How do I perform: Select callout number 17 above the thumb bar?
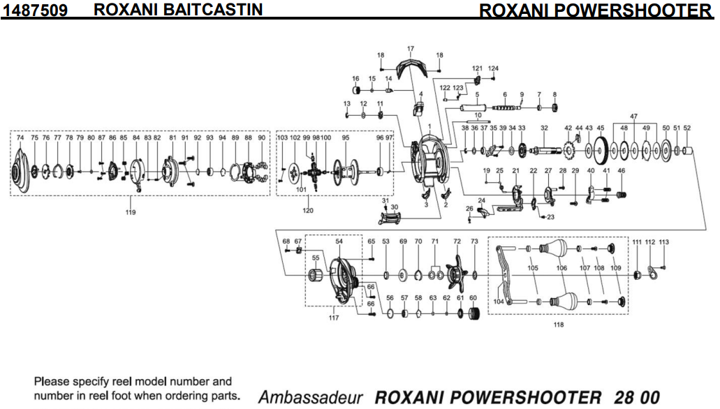tap(411, 48)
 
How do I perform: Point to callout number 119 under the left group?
tap(130, 211)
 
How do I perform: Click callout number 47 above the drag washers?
tap(633, 115)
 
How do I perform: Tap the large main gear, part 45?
tap(599, 149)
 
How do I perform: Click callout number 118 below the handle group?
tap(558, 325)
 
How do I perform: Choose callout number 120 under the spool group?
tap(307, 209)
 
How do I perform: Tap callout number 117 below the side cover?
tap(333, 318)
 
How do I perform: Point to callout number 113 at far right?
tap(663, 241)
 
